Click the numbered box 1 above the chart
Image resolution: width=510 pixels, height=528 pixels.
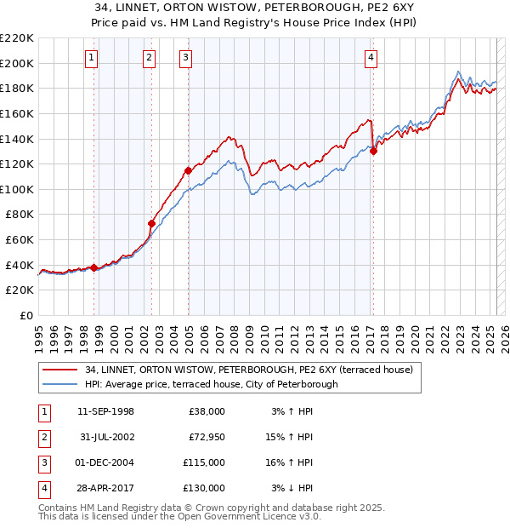[91, 58]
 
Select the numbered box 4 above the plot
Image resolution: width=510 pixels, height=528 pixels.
[371, 58]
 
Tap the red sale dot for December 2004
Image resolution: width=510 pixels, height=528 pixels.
[188, 170]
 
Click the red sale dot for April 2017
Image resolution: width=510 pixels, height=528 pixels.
[373, 152]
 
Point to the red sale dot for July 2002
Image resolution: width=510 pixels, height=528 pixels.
[152, 224]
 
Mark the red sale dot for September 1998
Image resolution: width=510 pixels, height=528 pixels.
[93, 267]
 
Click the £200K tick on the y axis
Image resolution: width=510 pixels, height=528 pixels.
[17, 63]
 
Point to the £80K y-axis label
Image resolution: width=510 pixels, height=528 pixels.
[20, 215]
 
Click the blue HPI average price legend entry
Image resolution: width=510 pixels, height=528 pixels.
[211, 384]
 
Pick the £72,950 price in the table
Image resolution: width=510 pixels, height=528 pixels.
[205, 437]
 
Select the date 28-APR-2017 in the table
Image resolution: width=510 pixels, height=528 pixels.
[105, 488]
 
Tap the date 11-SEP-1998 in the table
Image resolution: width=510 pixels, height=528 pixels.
[105, 411]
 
